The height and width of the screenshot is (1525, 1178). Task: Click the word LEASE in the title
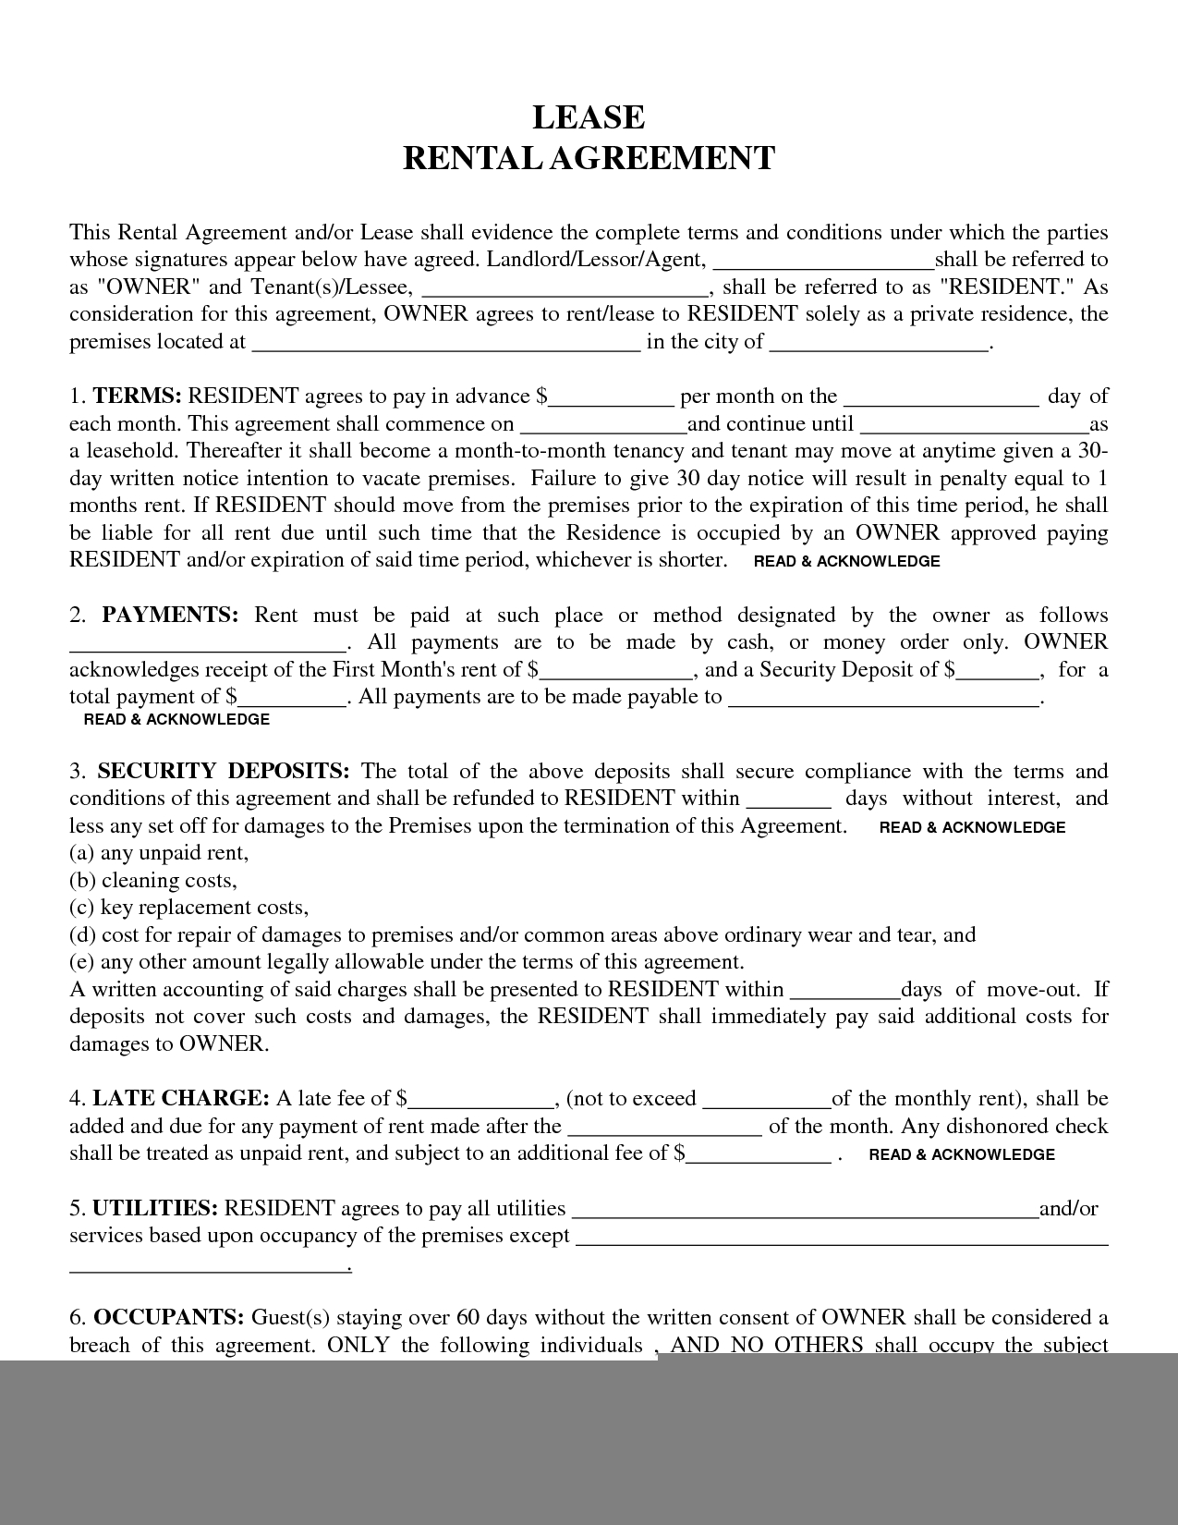tap(589, 117)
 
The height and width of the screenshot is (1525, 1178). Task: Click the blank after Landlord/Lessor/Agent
tap(824, 261)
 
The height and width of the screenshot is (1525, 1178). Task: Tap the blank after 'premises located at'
tap(445, 343)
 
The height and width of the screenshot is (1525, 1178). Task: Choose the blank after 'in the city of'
tap(879, 343)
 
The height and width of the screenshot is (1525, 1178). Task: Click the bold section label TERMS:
tap(137, 396)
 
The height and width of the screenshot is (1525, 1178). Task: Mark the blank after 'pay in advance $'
tap(611, 397)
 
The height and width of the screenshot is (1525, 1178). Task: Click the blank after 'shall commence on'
tap(603, 425)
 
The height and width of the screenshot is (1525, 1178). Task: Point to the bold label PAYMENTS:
tap(171, 616)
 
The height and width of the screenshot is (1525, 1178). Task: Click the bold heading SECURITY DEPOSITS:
tap(224, 772)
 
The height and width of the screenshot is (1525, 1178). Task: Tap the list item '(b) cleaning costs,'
tap(153, 881)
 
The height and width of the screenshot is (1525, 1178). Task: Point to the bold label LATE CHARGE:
tap(181, 1099)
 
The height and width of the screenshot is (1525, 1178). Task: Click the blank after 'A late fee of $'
tap(480, 1100)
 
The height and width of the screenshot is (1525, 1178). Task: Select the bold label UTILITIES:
tap(155, 1209)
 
